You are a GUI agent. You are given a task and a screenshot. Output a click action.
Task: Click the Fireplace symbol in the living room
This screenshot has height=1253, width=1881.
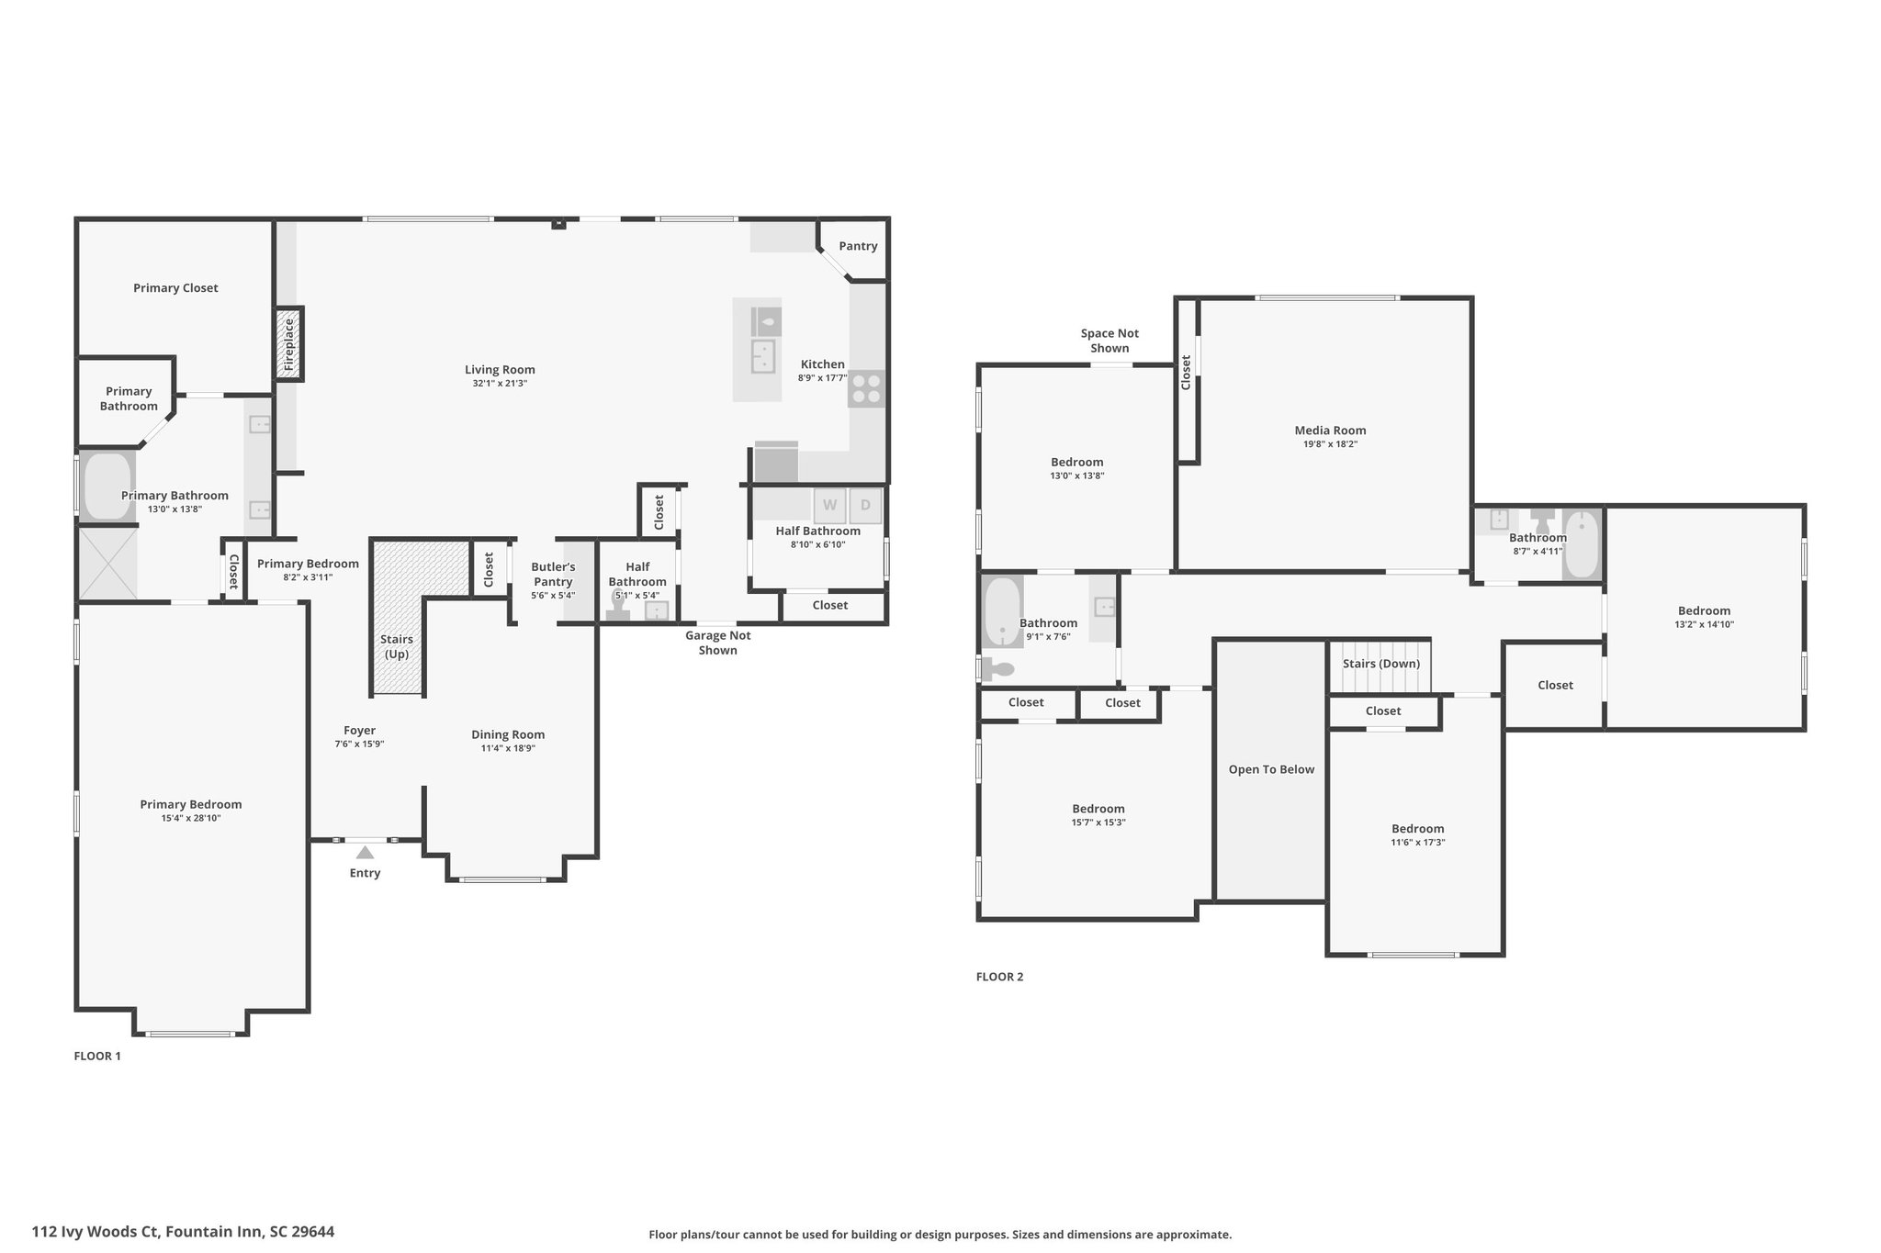(x=289, y=344)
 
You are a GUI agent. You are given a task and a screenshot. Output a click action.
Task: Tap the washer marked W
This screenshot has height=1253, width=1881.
(x=829, y=506)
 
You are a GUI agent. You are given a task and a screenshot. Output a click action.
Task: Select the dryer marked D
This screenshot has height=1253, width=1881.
(x=865, y=506)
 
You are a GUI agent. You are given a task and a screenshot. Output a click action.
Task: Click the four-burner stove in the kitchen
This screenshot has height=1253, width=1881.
(x=865, y=388)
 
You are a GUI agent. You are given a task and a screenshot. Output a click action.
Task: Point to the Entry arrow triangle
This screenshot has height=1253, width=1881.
(x=365, y=852)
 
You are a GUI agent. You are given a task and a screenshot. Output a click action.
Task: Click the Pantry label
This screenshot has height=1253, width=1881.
(x=858, y=246)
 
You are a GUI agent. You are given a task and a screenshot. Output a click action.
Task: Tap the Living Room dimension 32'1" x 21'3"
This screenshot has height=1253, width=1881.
(x=500, y=383)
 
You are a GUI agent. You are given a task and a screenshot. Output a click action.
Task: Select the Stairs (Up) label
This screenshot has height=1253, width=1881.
(x=397, y=646)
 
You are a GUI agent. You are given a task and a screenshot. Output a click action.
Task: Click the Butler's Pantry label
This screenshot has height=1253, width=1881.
(x=553, y=575)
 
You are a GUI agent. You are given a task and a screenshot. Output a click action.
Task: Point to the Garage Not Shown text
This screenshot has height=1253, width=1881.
(x=718, y=643)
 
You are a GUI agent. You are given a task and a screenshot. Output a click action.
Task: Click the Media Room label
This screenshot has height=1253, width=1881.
(x=1330, y=430)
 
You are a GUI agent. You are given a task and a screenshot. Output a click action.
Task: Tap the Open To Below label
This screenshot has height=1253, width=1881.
(x=1271, y=769)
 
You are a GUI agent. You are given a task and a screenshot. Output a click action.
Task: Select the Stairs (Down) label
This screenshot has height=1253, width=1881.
(x=1380, y=664)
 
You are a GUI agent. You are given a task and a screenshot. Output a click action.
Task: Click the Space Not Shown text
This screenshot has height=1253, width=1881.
(x=1109, y=341)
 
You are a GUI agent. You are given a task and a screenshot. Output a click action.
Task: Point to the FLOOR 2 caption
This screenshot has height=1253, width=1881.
(x=999, y=977)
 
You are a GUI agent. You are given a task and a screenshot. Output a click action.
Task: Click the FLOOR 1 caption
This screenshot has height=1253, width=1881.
(x=97, y=1056)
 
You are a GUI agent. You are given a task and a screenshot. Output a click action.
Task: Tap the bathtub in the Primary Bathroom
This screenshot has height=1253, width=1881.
(x=107, y=486)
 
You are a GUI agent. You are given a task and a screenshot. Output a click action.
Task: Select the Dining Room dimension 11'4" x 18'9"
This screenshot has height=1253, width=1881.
(x=508, y=748)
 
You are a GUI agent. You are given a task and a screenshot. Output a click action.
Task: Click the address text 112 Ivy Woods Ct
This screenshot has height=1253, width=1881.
(x=96, y=1231)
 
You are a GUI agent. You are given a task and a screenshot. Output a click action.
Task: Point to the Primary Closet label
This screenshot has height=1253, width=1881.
(x=175, y=288)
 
